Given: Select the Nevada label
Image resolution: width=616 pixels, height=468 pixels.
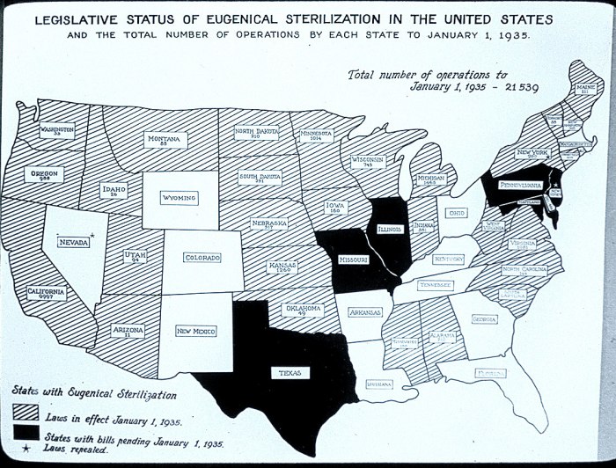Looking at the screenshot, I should tap(73, 242).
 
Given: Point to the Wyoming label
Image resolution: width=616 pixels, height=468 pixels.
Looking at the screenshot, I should tap(179, 198).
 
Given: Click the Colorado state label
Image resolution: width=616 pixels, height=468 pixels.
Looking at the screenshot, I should tap(202, 258).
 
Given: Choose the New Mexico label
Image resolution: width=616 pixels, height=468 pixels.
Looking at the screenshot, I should tap(197, 331).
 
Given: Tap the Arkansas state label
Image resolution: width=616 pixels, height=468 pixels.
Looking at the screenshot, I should tap(363, 312).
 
